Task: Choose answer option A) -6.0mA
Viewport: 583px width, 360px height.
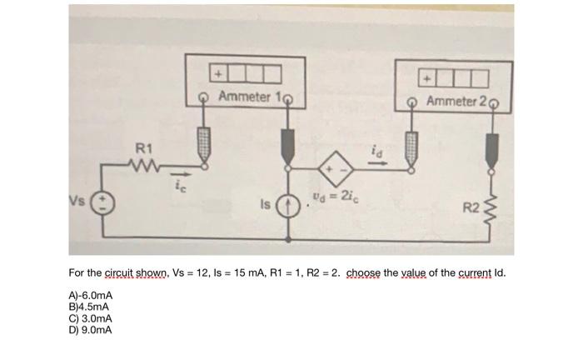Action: (x=92, y=295)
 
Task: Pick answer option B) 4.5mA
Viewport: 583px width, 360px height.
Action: (x=90, y=307)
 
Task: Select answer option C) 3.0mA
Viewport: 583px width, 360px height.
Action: (x=90, y=318)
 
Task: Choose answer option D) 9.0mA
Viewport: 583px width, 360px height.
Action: (x=90, y=330)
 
